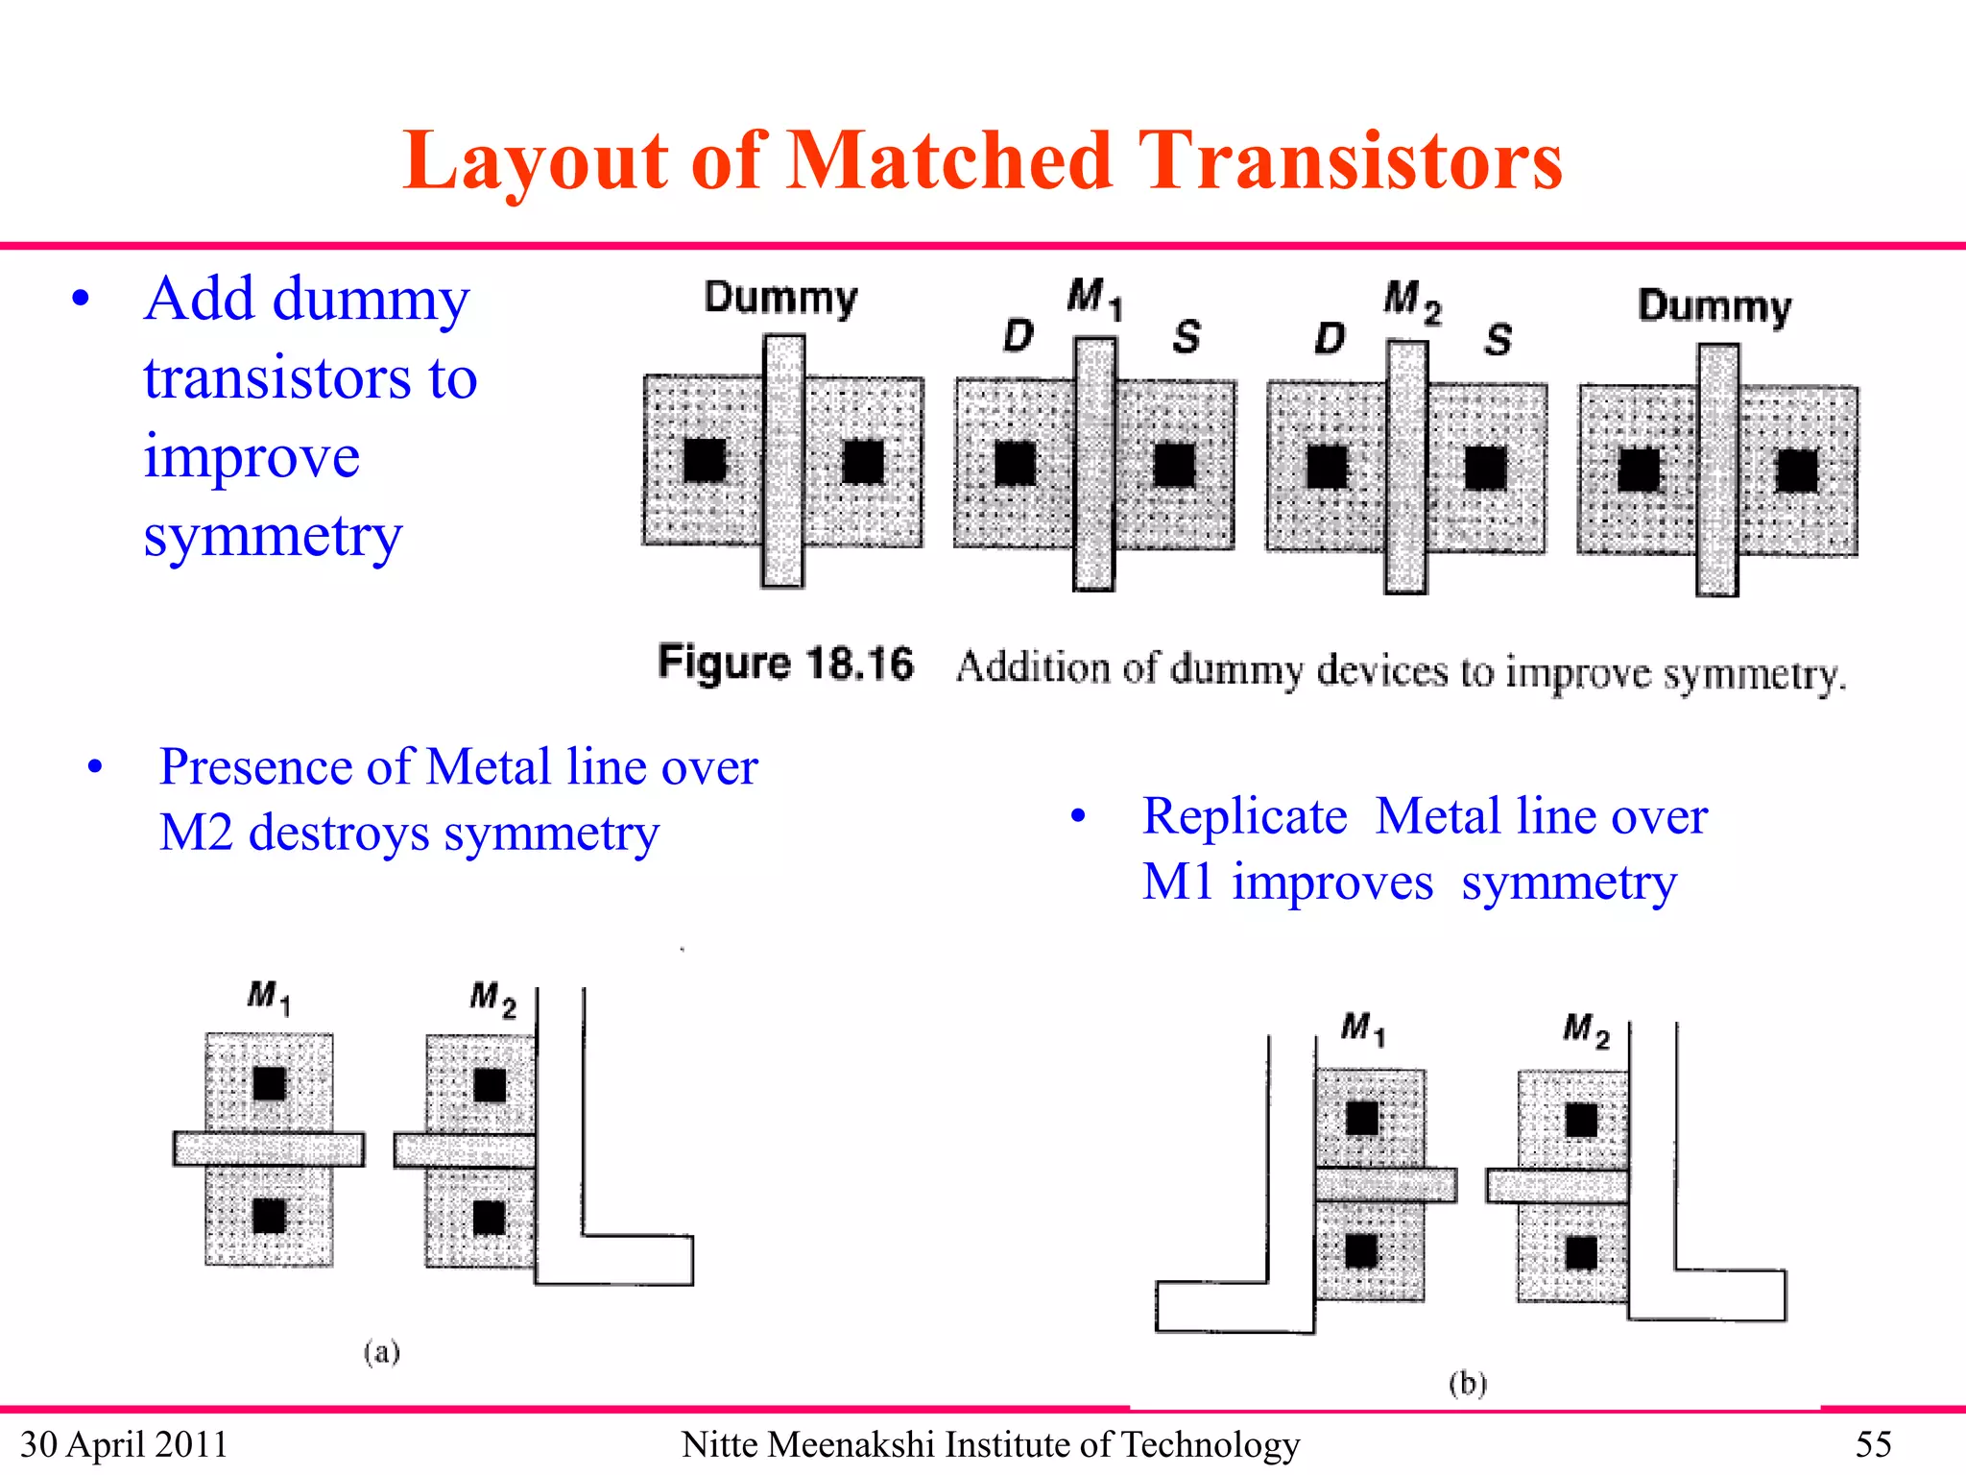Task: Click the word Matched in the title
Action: (948, 161)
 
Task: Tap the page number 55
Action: (1873, 1444)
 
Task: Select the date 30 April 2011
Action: (124, 1444)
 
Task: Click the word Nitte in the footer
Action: (720, 1444)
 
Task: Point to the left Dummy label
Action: (780, 299)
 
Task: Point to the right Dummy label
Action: (1714, 307)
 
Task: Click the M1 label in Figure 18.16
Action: (1093, 297)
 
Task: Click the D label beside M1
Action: (1018, 335)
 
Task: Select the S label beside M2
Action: (1498, 339)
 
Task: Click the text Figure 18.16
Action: (785, 664)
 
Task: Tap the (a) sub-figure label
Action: (381, 1352)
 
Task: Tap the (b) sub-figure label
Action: (1467, 1383)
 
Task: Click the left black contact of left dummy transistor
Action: (705, 461)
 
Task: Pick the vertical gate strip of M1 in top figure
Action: (1093, 464)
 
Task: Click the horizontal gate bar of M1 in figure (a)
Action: (269, 1149)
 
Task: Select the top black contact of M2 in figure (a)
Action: (490, 1086)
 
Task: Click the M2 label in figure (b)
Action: (1586, 1030)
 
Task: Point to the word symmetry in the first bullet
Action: (273, 537)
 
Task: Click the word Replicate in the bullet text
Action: (1244, 817)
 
